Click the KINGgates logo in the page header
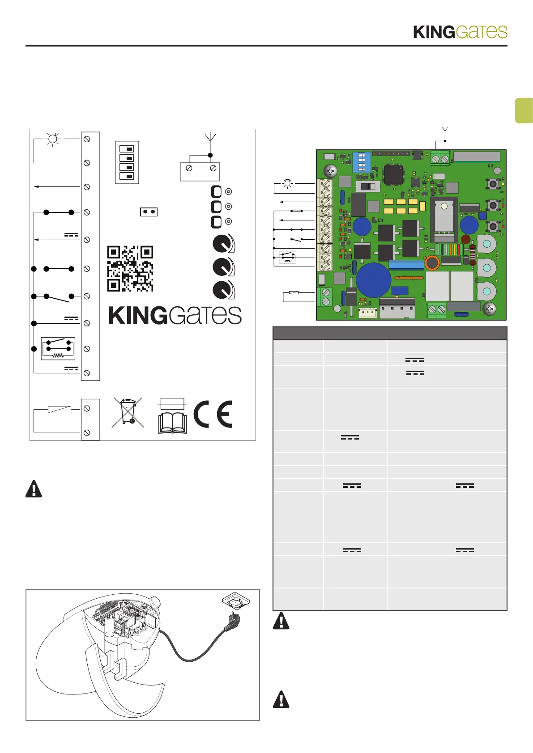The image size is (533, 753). (460, 32)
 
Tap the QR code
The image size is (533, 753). (130, 268)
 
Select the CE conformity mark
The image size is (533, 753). (213, 414)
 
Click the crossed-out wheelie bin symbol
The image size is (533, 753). (128, 412)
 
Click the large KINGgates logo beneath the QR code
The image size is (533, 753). (175, 316)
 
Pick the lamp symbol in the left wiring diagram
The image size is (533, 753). (53, 139)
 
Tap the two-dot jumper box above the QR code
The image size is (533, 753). (149, 212)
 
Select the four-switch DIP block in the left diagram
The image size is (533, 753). (127, 162)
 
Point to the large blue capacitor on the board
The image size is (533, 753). (373, 280)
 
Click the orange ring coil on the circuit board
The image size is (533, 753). (432, 263)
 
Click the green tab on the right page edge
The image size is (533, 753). (524, 110)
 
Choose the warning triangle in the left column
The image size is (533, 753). (34, 489)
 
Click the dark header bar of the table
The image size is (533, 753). (390, 334)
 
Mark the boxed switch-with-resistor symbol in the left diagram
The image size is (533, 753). (58, 348)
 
